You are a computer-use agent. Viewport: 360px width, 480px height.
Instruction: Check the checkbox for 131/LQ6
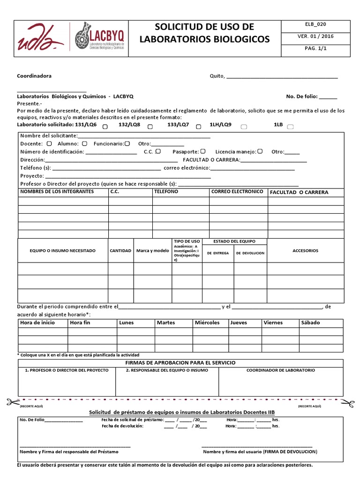pos(105,127)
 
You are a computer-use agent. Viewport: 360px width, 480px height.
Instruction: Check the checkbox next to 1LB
pos(290,127)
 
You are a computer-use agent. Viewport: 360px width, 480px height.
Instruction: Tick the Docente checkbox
pos(50,143)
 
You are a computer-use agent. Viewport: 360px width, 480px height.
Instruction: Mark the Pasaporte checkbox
pos(203,151)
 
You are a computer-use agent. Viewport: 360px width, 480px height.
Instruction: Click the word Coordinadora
pos(34,76)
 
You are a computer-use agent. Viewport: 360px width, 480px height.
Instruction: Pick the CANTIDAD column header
pos(120,251)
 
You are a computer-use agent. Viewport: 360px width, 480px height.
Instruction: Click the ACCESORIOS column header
pos(305,251)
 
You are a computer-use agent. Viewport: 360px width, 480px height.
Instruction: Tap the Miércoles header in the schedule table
pos(207,322)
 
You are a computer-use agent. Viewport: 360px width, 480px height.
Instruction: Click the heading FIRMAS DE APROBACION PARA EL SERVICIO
pos(180,363)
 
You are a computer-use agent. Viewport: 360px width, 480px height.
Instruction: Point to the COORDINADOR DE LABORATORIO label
pos(281,370)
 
